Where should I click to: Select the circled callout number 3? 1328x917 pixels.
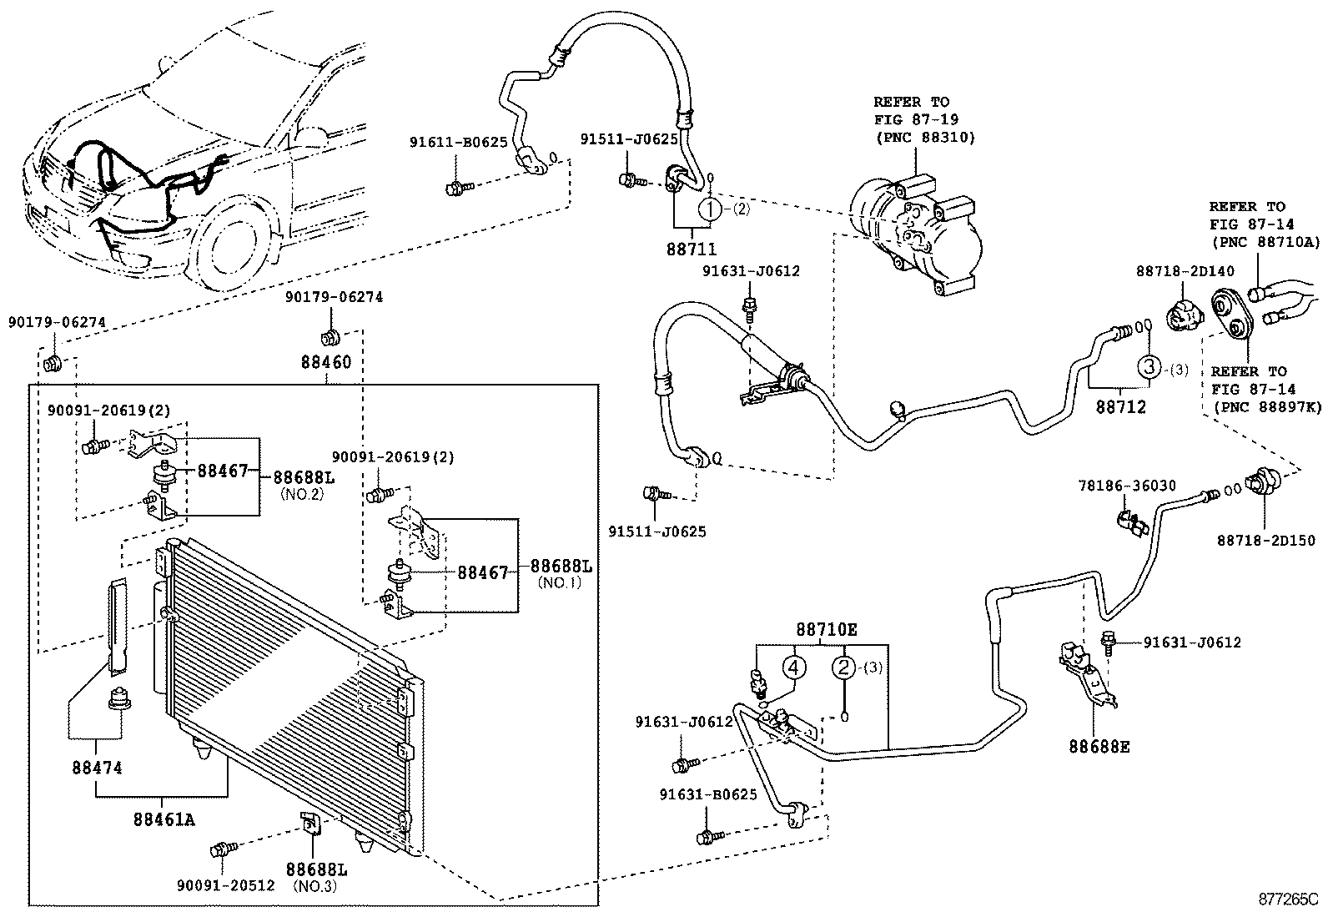pyautogui.click(x=1149, y=368)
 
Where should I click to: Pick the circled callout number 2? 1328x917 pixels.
pyautogui.click(x=843, y=667)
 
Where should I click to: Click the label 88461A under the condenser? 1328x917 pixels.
pyautogui.click(x=163, y=819)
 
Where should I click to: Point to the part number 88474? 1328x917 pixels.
pyautogui.click(x=97, y=766)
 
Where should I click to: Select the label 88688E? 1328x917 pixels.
pyautogui.click(x=1099, y=747)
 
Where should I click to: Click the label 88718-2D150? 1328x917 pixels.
pyautogui.click(x=1265, y=541)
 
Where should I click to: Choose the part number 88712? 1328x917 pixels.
pyautogui.click(x=1120, y=407)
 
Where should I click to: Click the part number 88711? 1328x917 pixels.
pyautogui.click(x=692, y=249)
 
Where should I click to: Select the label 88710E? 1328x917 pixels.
pyautogui.click(x=826, y=631)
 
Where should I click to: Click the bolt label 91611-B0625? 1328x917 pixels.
pyautogui.click(x=458, y=142)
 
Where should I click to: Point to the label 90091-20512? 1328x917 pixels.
pyautogui.click(x=226, y=885)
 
